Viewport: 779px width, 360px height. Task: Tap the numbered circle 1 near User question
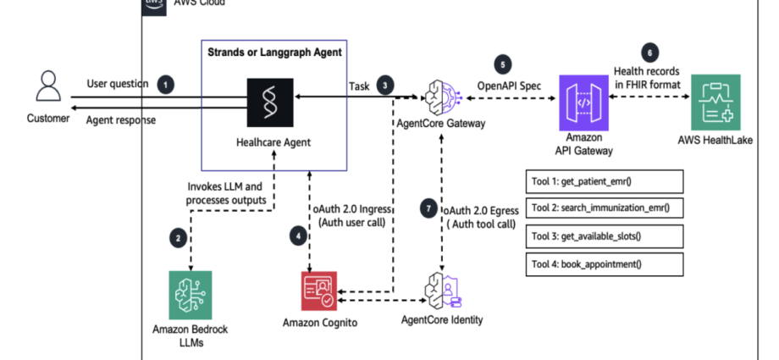166,84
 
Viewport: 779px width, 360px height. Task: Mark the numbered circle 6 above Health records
649,51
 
